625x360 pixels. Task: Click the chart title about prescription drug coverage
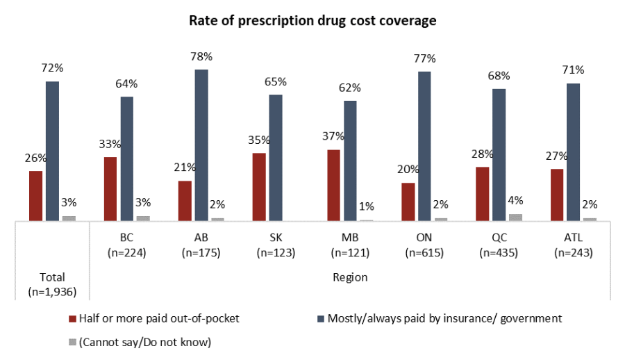(x=312, y=21)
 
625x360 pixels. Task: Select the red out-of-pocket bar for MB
(x=333, y=185)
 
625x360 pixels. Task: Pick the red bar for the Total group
(x=35, y=195)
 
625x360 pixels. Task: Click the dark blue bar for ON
(x=425, y=146)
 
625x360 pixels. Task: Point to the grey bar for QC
(x=515, y=217)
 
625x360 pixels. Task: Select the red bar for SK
(x=259, y=186)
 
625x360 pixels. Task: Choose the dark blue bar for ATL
(x=574, y=152)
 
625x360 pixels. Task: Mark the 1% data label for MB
(x=366, y=206)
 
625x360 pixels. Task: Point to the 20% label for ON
(x=408, y=169)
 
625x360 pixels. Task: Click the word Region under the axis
(x=350, y=277)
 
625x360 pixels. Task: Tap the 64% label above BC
(x=127, y=83)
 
